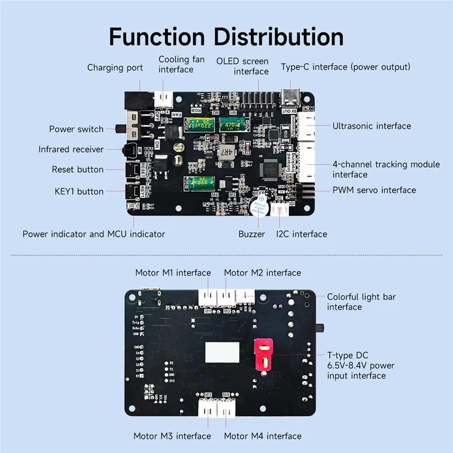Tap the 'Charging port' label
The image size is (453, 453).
click(113, 68)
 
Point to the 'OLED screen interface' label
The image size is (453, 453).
click(243, 66)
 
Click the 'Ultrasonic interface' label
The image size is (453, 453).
click(371, 126)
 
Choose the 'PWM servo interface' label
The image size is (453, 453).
click(374, 190)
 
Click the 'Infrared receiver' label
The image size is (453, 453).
click(71, 149)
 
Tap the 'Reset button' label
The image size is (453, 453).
click(78, 169)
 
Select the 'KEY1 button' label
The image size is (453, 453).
click(79, 191)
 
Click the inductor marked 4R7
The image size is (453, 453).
click(225, 151)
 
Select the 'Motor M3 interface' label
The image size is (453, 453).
click(172, 436)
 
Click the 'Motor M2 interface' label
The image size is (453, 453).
click(262, 273)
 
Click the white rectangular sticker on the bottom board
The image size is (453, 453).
click(220, 352)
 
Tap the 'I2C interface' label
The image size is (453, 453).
click(301, 234)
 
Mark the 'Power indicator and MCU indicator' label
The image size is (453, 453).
click(94, 234)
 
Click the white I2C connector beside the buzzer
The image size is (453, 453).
click(279, 210)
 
